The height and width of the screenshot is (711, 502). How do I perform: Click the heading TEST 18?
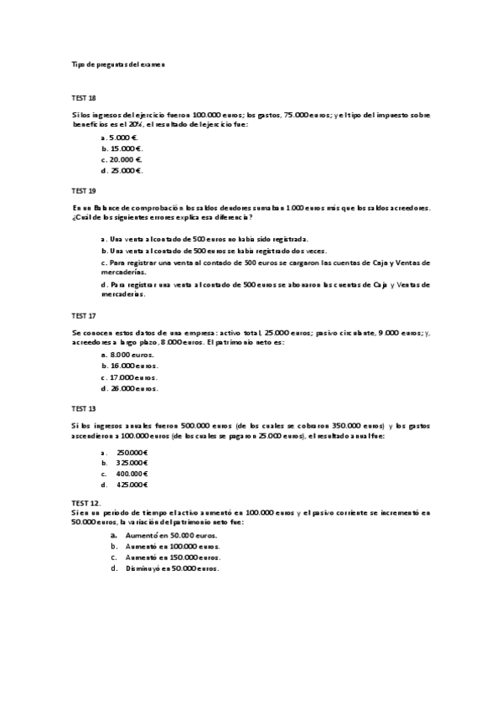point(84,98)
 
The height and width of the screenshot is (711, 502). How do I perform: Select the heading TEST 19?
point(84,191)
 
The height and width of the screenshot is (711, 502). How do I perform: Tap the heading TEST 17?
point(84,317)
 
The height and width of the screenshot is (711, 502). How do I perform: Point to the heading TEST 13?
point(84,408)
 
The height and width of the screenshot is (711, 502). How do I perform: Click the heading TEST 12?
point(85,502)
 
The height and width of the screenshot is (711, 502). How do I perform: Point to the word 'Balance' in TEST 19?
point(108,207)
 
